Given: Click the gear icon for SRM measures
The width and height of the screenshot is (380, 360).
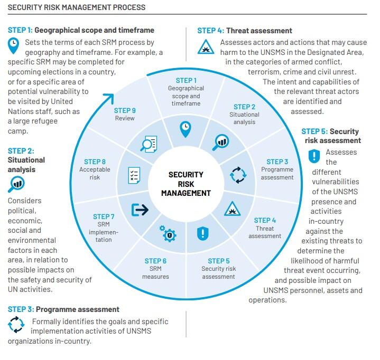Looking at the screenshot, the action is coord(168,233).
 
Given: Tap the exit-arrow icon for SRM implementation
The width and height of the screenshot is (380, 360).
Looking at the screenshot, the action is coord(140,210).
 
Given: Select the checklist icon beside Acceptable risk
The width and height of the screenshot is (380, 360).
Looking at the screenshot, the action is coord(134,175).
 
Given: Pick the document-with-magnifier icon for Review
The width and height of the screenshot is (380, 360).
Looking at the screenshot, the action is coord(149,144).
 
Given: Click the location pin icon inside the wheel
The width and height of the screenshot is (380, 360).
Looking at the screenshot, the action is coord(186,129).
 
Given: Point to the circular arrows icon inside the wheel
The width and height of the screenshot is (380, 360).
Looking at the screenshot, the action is coord(238,175).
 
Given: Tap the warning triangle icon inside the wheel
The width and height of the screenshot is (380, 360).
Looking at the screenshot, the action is coord(232,209).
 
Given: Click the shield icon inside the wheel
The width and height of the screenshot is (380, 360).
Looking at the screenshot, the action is coord(202,233).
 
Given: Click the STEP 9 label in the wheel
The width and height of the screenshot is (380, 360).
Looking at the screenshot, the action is coord(125,111).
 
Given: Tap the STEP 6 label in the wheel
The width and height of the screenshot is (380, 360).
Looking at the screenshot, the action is coord(155,261).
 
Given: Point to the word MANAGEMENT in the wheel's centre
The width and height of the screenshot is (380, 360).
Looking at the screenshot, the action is coord(186,193).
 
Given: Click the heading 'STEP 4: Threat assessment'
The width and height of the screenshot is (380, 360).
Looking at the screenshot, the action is coord(245,31).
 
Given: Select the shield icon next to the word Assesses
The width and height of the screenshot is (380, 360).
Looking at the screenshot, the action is coord(314,156).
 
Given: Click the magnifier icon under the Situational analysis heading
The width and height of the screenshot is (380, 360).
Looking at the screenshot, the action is coord(16,184).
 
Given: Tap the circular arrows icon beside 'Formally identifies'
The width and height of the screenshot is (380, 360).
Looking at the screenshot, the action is coord(16,325).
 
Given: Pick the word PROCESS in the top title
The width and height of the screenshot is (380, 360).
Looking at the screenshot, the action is coord(129,7).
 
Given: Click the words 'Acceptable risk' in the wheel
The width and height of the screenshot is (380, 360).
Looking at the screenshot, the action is coord(95,173).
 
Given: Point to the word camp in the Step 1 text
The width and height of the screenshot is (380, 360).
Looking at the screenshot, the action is coord(18,131).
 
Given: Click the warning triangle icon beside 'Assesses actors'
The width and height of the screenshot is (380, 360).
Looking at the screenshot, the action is coord(206,46).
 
